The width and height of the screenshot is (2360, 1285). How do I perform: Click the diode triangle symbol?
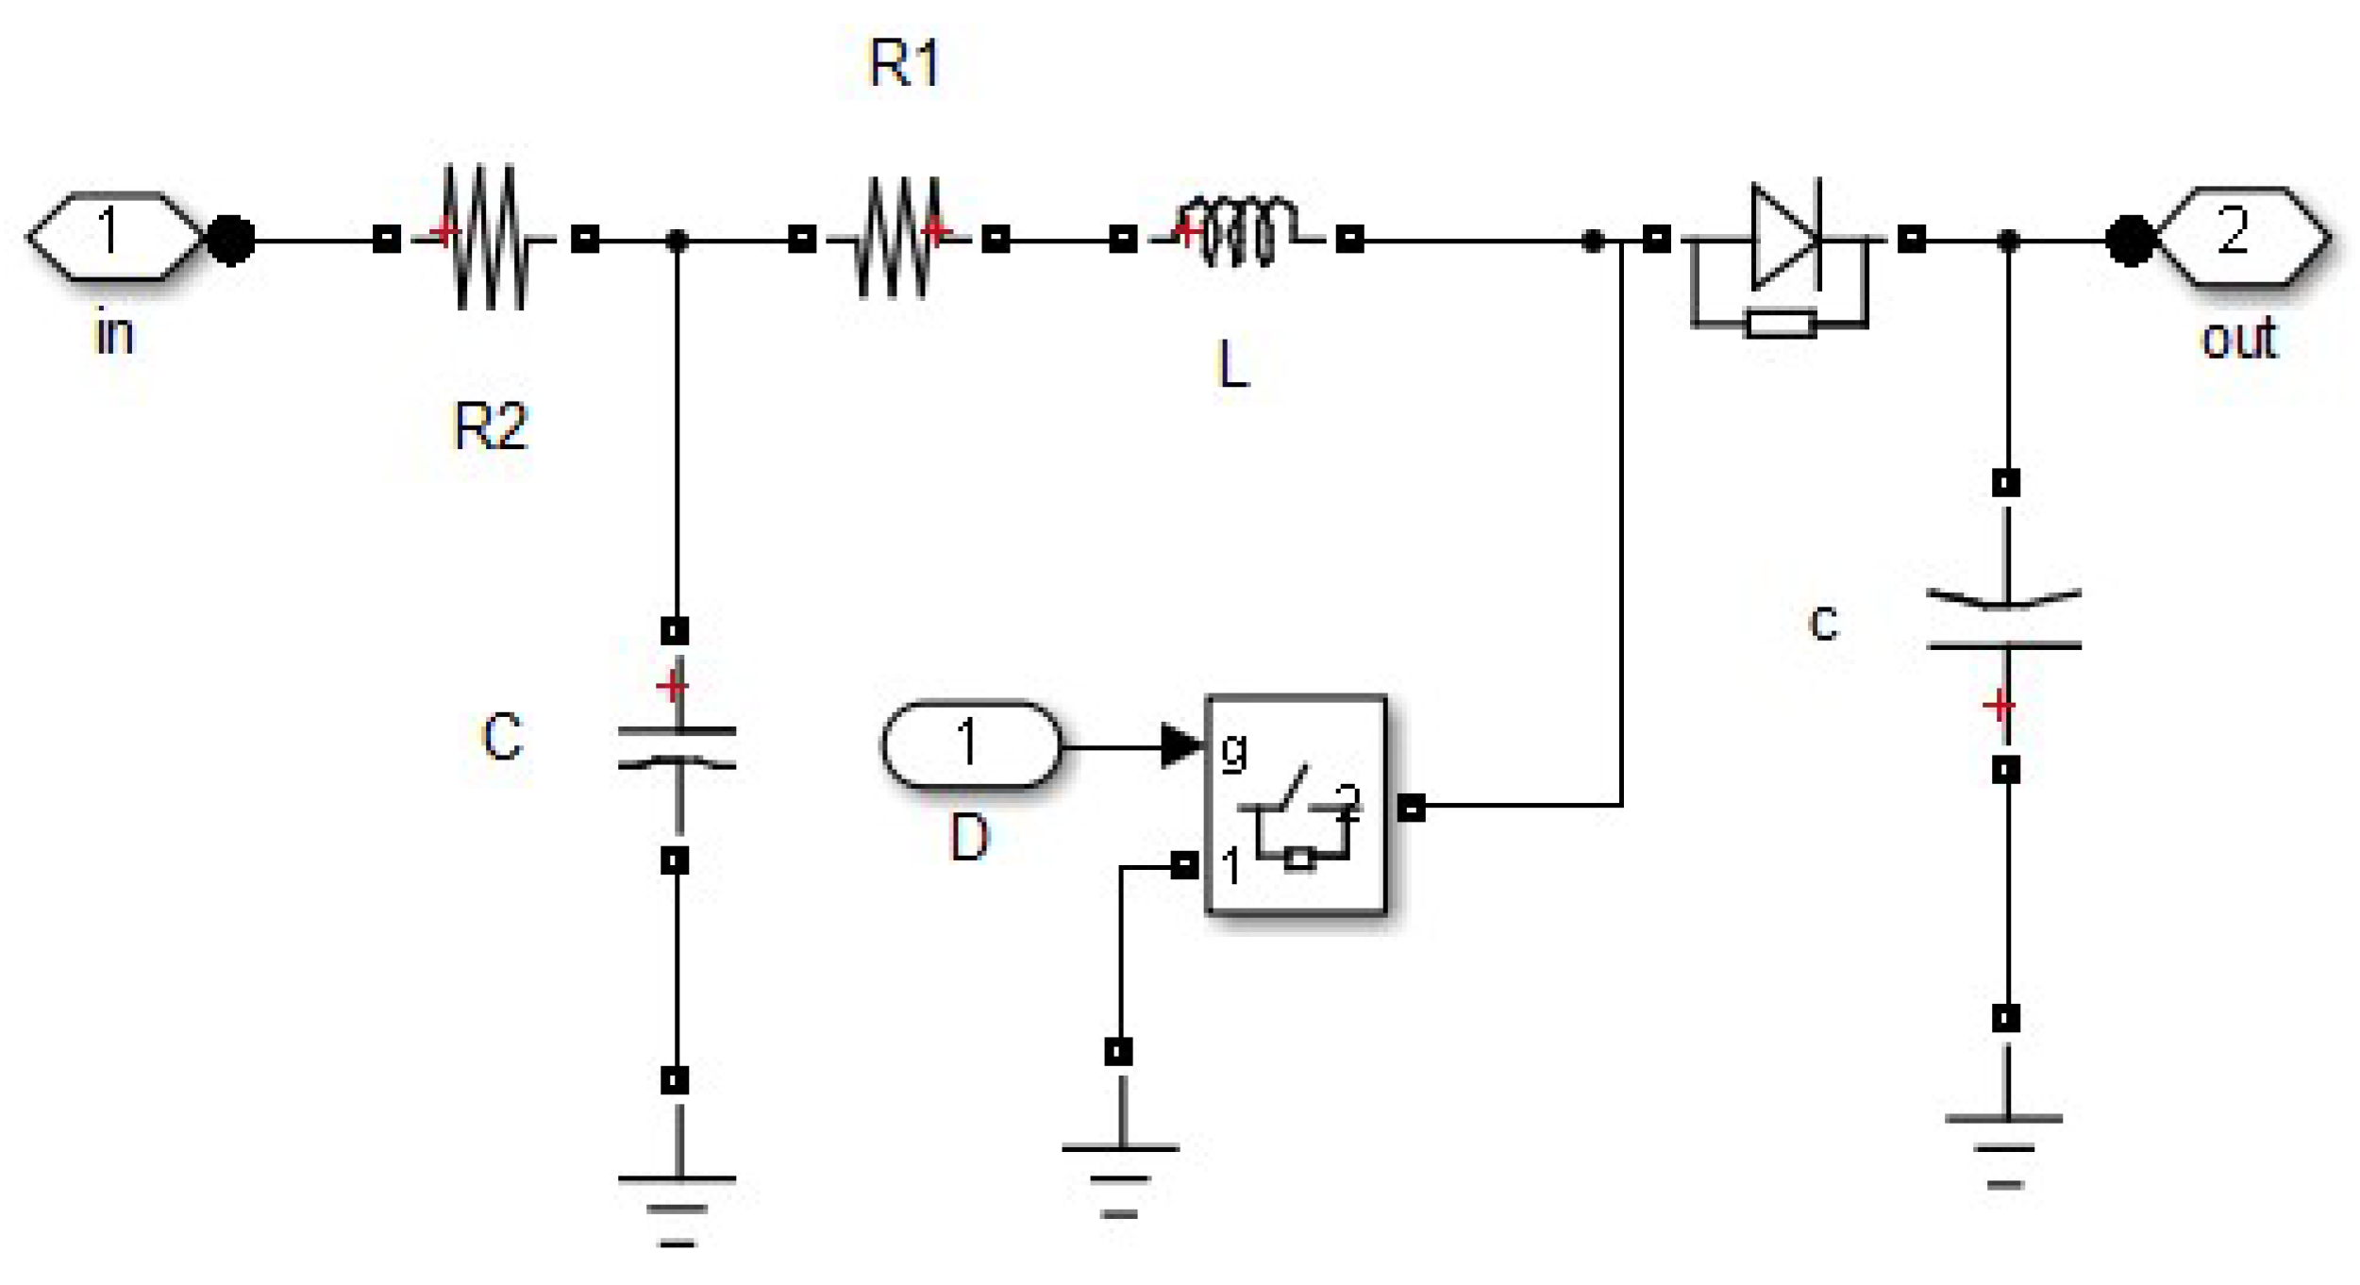click(x=1782, y=236)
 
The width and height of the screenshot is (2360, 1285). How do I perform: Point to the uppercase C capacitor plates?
click(x=677, y=747)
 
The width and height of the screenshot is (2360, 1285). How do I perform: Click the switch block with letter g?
click(x=1297, y=805)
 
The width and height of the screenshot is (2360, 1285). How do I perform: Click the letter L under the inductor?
click(x=1232, y=366)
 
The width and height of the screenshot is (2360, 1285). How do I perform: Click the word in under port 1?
click(x=114, y=335)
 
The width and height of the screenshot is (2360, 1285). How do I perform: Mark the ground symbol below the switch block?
click(x=1119, y=1179)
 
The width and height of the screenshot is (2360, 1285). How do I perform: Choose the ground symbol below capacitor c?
click(x=2003, y=1149)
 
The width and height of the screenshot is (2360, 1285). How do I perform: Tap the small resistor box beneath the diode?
click(x=1780, y=324)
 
